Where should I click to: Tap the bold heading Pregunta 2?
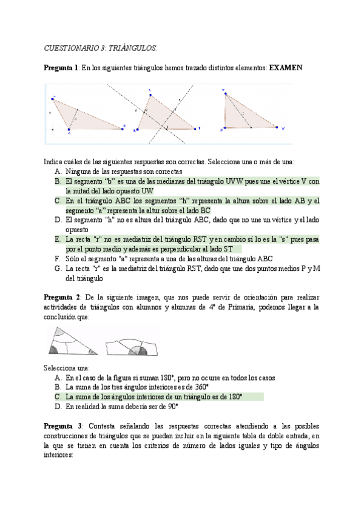click(61, 297)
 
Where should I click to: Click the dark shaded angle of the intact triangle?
click(55, 350)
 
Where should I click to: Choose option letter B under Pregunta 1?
click(57, 181)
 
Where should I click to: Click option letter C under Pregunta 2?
click(57, 396)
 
